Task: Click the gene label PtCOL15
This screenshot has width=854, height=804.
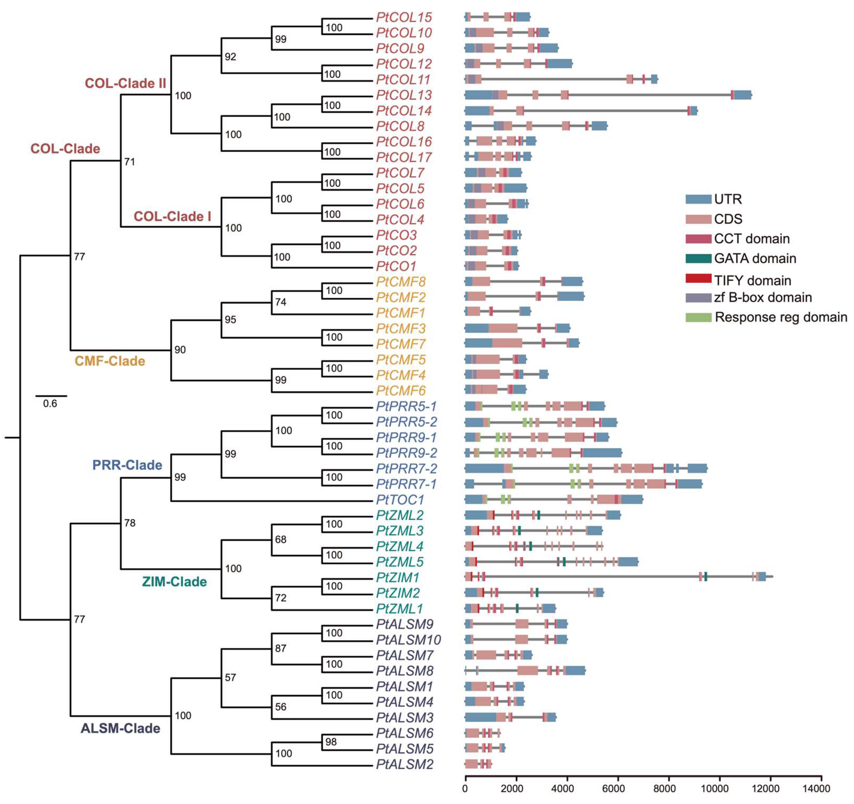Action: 404,18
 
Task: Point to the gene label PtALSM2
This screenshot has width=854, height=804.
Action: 405,764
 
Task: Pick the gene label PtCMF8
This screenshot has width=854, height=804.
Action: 400,282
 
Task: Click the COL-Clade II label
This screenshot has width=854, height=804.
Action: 125,83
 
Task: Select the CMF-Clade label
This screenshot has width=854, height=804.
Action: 110,361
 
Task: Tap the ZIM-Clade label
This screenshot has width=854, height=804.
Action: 174,582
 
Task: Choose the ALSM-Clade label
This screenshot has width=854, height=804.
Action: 120,728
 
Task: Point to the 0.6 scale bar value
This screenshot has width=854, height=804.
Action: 50,404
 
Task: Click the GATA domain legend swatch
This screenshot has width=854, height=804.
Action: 698,258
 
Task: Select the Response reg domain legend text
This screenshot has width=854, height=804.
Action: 781,317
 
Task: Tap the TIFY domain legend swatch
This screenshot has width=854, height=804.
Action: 698,278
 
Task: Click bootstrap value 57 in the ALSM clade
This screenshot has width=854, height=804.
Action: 230,677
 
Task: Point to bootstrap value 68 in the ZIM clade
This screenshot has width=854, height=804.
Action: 281,539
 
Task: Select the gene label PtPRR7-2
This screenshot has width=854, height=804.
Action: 406,469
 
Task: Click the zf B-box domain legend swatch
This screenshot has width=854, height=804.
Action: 698,297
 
